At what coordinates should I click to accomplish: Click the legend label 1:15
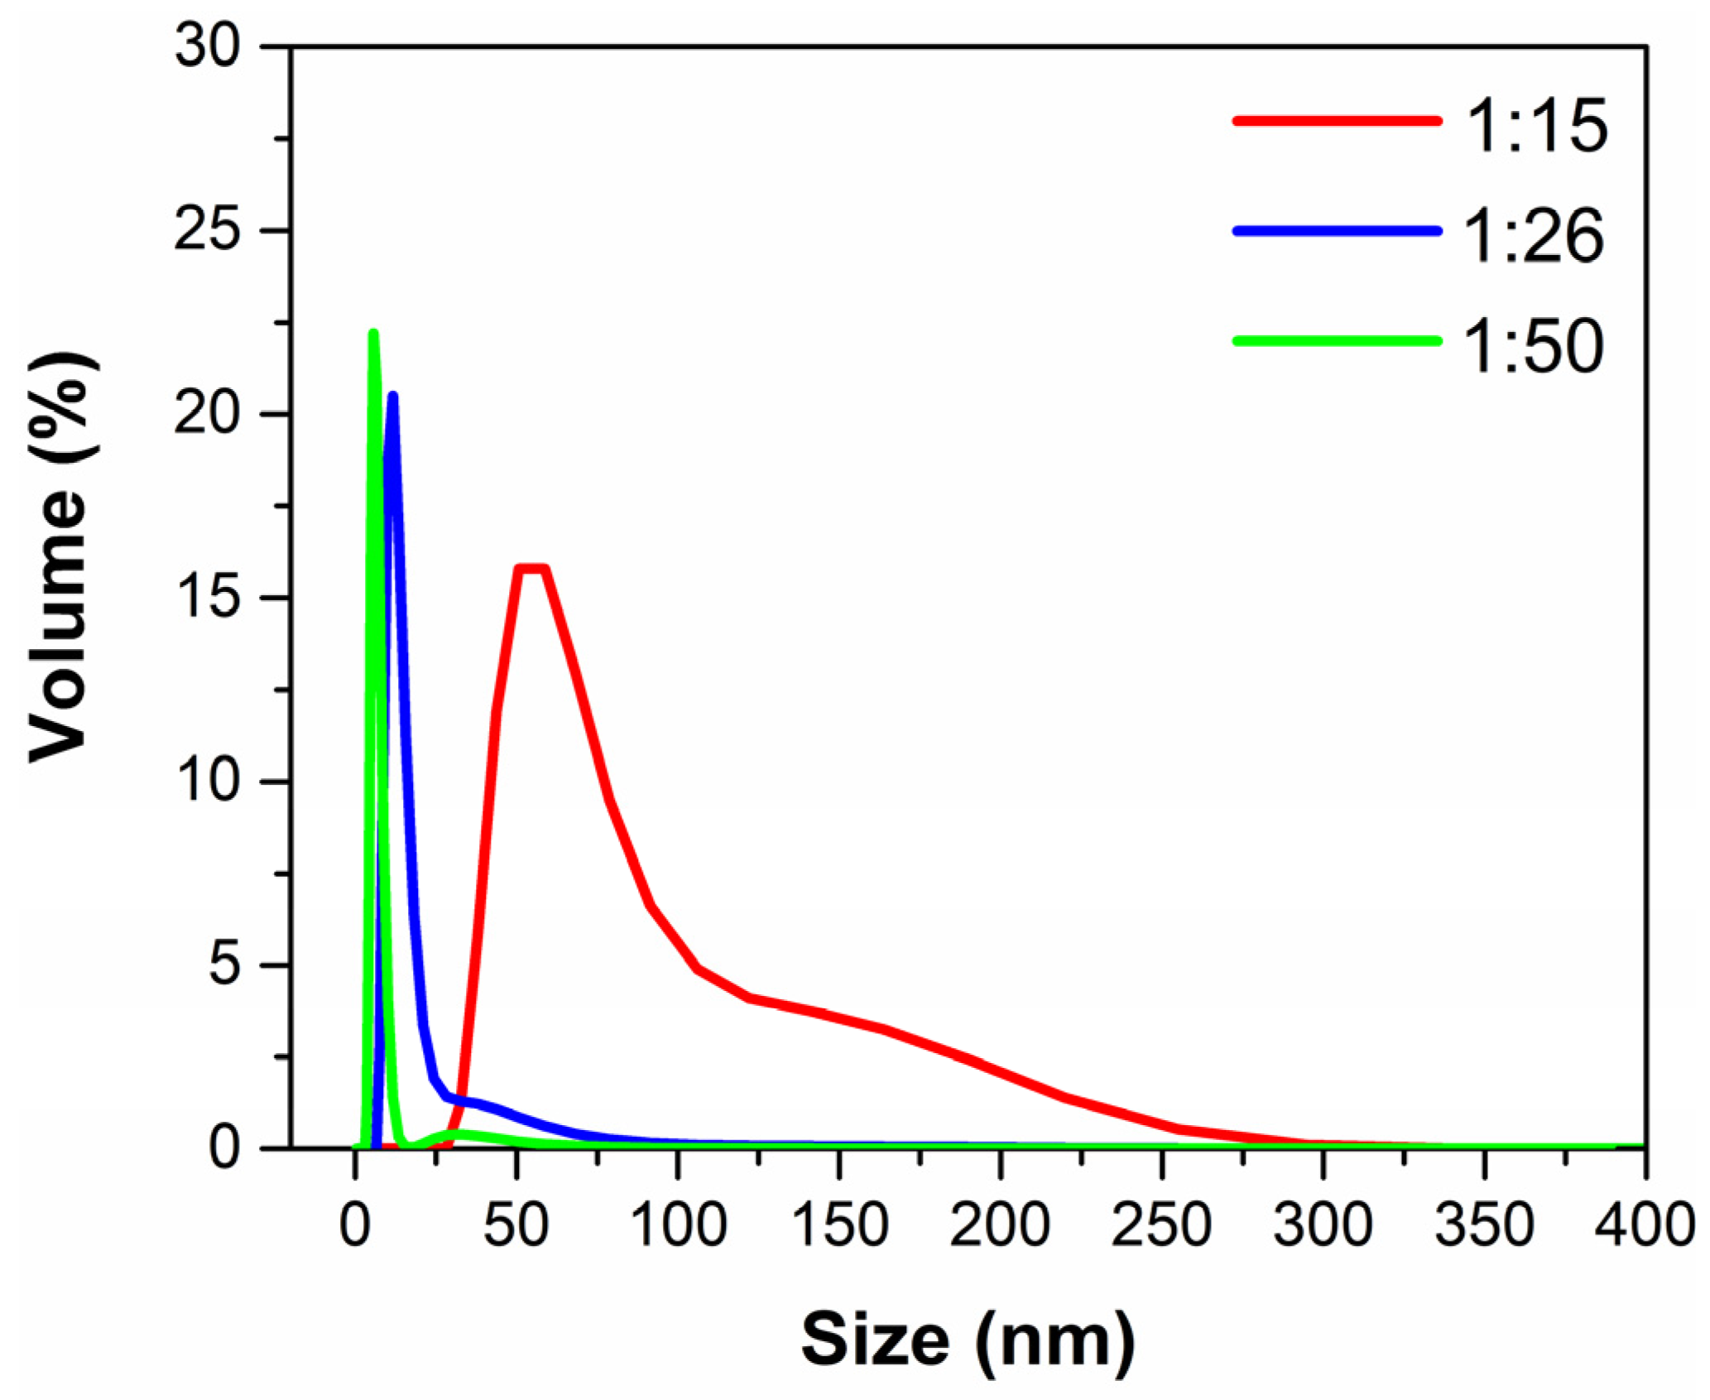click(1536, 126)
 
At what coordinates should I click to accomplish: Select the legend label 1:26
click(1535, 237)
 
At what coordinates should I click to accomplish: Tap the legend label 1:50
click(1535, 347)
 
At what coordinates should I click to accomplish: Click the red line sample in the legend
click(1336, 121)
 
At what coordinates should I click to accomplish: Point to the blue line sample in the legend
click(1336, 231)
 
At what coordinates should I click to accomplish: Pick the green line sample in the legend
click(1336, 340)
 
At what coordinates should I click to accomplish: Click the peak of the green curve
click(373, 334)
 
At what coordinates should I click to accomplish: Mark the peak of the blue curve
click(393, 397)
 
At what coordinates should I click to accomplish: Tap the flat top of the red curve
click(531, 568)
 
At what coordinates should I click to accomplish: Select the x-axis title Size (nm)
click(968, 1340)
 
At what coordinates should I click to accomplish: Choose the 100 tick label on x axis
click(678, 1224)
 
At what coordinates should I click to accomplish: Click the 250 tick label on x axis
click(1161, 1224)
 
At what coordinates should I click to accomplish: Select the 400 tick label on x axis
click(1644, 1224)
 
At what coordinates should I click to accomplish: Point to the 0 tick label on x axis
click(355, 1224)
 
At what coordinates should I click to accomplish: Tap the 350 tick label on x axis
click(1484, 1224)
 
